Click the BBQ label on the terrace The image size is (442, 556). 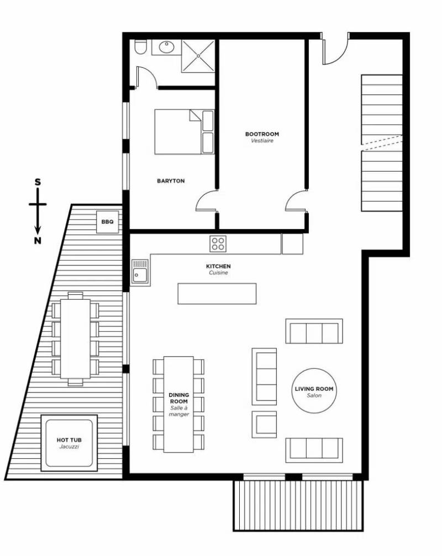[x=108, y=221]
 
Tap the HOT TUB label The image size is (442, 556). [x=69, y=440]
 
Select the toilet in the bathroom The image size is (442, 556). [x=139, y=47]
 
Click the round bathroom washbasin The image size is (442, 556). [x=166, y=47]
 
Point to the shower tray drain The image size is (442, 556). [x=198, y=56]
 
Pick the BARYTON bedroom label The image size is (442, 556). [x=171, y=181]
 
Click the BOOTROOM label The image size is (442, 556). [x=262, y=134]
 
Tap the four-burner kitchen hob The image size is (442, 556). [x=218, y=243]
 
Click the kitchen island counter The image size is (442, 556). [x=217, y=293]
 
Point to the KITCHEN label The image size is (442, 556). [x=218, y=266]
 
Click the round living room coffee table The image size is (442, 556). [x=314, y=390]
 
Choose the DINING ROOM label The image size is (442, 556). [x=179, y=398]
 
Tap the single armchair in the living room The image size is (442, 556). [x=264, y=424]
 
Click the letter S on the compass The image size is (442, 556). [x=38, y=182]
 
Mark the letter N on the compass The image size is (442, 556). [x=38, y=240]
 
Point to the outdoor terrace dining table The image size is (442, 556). [x=75, y=338]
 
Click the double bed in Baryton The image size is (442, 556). [x=185, y=131]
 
